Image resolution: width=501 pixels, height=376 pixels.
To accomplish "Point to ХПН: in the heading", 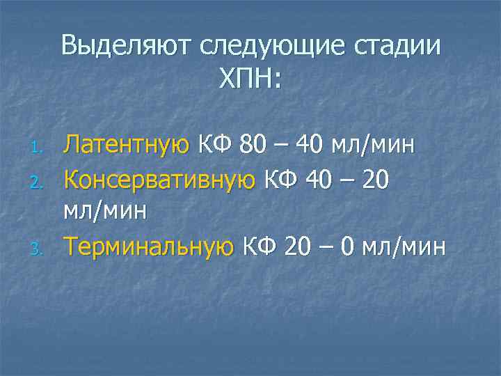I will point(250,80).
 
